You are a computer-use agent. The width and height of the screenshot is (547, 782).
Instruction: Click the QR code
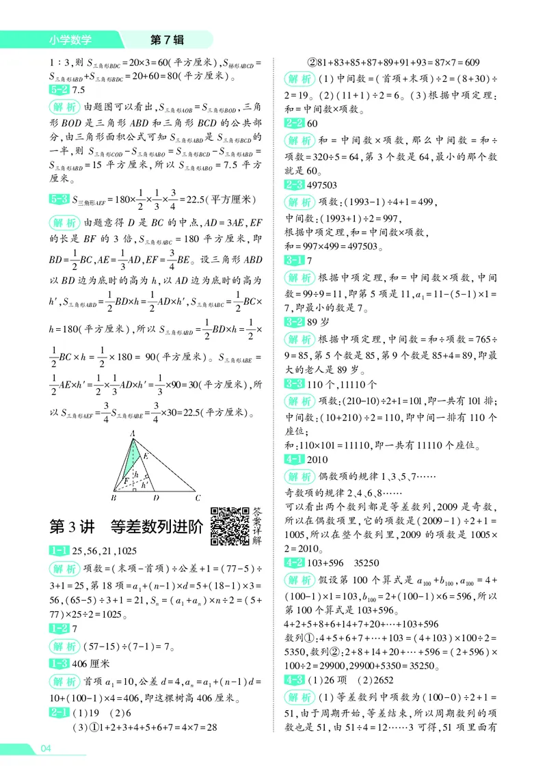pos(229,527)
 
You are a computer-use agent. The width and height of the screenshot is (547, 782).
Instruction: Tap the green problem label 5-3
pos(59,200)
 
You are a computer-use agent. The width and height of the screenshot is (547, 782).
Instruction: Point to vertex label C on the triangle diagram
pos(198,498)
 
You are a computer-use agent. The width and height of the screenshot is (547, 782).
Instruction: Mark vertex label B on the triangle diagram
pos(113,498)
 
